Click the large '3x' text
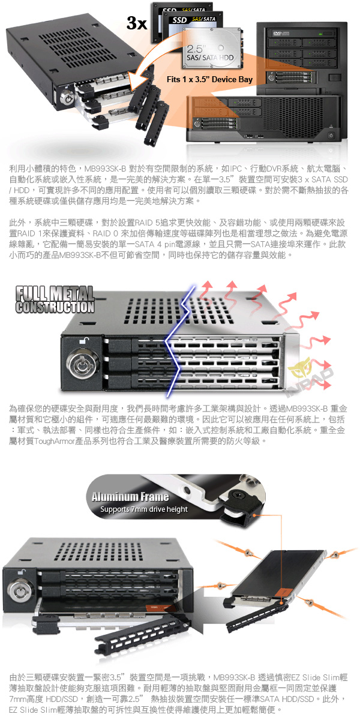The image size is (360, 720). pyautogui.click(x=137, y=23)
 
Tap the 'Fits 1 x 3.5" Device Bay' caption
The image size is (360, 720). pyautogui.click(x=209, y=79)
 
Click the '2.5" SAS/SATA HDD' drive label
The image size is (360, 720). pyautogui.click(x=211, y=53)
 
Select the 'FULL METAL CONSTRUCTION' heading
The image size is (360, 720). pyautogui.click(x=55, y=299)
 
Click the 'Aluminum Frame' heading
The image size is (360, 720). pyautogui.click(x=130, y=497)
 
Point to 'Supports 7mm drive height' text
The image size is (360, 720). pyautogui.click(x=143, y=509)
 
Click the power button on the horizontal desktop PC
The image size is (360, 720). pyautogui.click(x=331, y=136)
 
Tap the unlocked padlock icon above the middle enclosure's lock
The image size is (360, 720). pyautogui.click(x=84, y=340)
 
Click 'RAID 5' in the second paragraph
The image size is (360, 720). pyautogui.click(x=146, y=223)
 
